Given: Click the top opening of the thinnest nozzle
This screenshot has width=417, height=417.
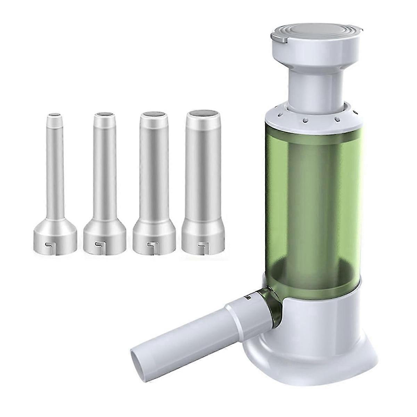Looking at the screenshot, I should click(x=55, y=114).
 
